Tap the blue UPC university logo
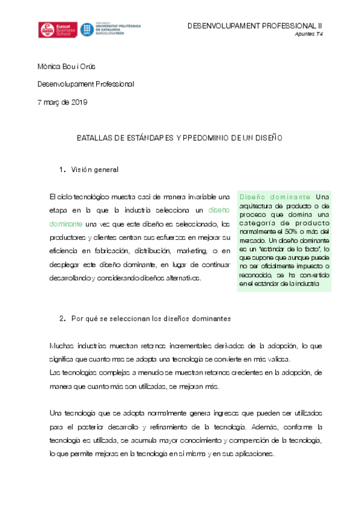click(111, 30)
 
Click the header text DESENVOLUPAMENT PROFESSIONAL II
click(255, 26)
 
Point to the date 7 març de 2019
click(63, 102)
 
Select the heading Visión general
click(94, 170)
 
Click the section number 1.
click(63, 170)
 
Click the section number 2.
click(63, 318)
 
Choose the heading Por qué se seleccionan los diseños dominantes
click(151, 318)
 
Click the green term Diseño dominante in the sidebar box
click(275, 197)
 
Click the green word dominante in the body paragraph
click(67, 224)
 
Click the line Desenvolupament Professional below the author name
click(86, 84)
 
